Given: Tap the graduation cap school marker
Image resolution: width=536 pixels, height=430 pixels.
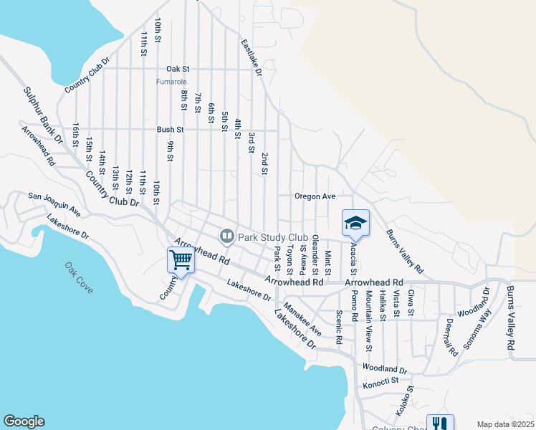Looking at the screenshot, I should tap(355, 223).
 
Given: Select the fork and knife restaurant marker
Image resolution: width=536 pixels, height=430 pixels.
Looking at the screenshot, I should tap(440, 424).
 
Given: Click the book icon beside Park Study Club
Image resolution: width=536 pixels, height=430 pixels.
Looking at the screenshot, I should tap(226, 236).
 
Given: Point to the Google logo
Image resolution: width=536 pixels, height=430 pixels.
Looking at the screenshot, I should tap(24, 421).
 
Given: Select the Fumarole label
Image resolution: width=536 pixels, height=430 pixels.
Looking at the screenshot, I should tap(171, 81).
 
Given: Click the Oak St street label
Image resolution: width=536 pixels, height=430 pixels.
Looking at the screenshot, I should tap(177, 69).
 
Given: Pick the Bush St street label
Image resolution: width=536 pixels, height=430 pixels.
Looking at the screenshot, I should tap(171, 130).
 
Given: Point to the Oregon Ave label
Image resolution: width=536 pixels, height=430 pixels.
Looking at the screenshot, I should tap(315, 196).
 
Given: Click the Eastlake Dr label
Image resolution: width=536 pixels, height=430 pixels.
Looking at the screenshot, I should tap(252, 58).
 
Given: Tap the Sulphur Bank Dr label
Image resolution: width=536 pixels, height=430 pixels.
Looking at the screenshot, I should tap(42, 115).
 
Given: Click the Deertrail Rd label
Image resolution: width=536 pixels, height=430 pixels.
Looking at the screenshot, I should tap(451, 338).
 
